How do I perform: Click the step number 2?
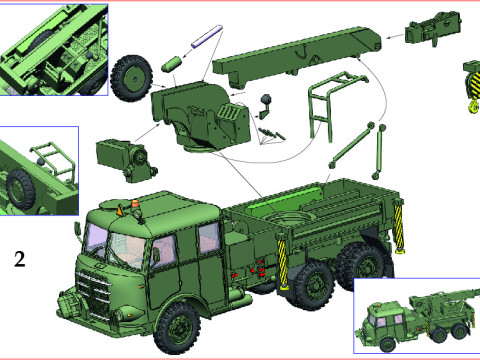coord(19,260)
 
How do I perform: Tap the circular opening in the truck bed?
coord(295,219)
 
